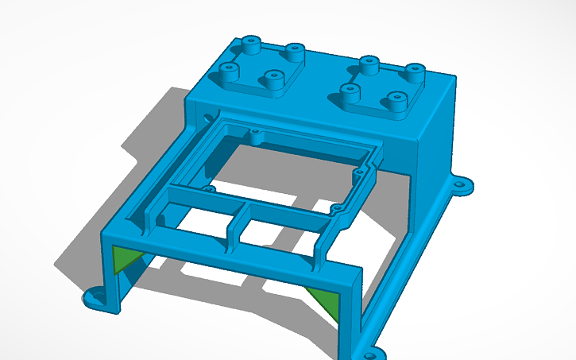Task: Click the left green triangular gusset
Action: pos(123,259)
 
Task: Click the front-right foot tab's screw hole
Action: pos(370,350)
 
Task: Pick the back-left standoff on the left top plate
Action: pos(252,43)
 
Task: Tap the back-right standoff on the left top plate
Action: pos(295,52)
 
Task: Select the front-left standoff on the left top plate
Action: pos(230,72)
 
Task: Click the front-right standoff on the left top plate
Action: pos(273,79)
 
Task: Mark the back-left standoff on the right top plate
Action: pos(367,63)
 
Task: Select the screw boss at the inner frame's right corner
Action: pos(359,171)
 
